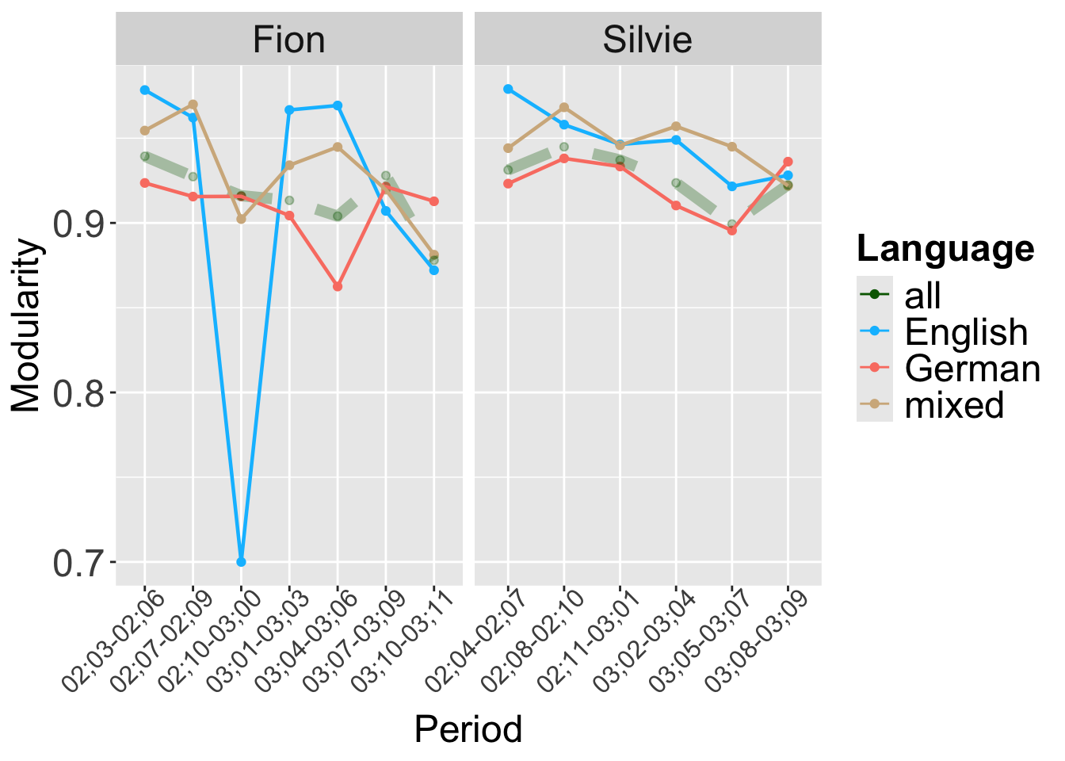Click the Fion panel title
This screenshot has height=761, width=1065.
pos(288,40)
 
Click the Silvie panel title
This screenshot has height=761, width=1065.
pos(647,40)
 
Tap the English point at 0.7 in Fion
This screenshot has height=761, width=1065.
pos(241,561)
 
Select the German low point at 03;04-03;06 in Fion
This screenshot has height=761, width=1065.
pos(338,286)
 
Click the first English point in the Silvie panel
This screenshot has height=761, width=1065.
pos(508,89)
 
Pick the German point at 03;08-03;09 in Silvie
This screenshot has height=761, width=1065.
pos(788,162)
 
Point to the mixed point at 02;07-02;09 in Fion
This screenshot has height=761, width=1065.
pos(193,105)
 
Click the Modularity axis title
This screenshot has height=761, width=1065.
pos(27,325)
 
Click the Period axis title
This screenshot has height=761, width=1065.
pos(468,729)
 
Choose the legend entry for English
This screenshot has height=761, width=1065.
pos(966,331)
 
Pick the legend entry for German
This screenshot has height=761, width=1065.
pos(971,368)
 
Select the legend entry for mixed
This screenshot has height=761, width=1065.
pos(954,404)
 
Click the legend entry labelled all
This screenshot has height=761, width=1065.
pos(922,295)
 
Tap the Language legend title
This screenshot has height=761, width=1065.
pos(945,249)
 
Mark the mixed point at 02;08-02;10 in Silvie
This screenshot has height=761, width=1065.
pos(564,107)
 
